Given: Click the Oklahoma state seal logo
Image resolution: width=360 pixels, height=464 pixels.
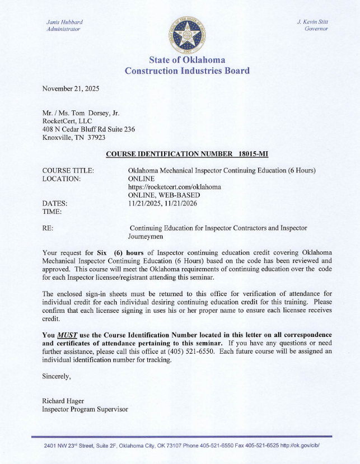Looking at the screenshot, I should (186, 33).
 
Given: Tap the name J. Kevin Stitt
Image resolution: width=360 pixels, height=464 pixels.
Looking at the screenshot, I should (313, 21).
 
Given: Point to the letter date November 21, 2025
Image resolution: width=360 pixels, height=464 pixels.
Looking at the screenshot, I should (71, 88).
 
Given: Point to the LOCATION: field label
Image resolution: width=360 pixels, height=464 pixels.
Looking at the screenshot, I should (62, 179).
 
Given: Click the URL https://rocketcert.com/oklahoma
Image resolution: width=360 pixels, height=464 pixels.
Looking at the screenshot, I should (175, 187).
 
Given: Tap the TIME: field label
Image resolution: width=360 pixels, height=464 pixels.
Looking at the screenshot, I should (52, 212).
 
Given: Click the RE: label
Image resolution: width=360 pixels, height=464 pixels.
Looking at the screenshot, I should (48, 228).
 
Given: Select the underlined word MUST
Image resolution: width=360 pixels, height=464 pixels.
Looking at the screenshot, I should (67, 335).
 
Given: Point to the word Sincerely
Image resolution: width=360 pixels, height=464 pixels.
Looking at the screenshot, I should (57, 376).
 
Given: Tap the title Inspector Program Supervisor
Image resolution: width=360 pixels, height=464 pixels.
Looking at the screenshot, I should (85, 409).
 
